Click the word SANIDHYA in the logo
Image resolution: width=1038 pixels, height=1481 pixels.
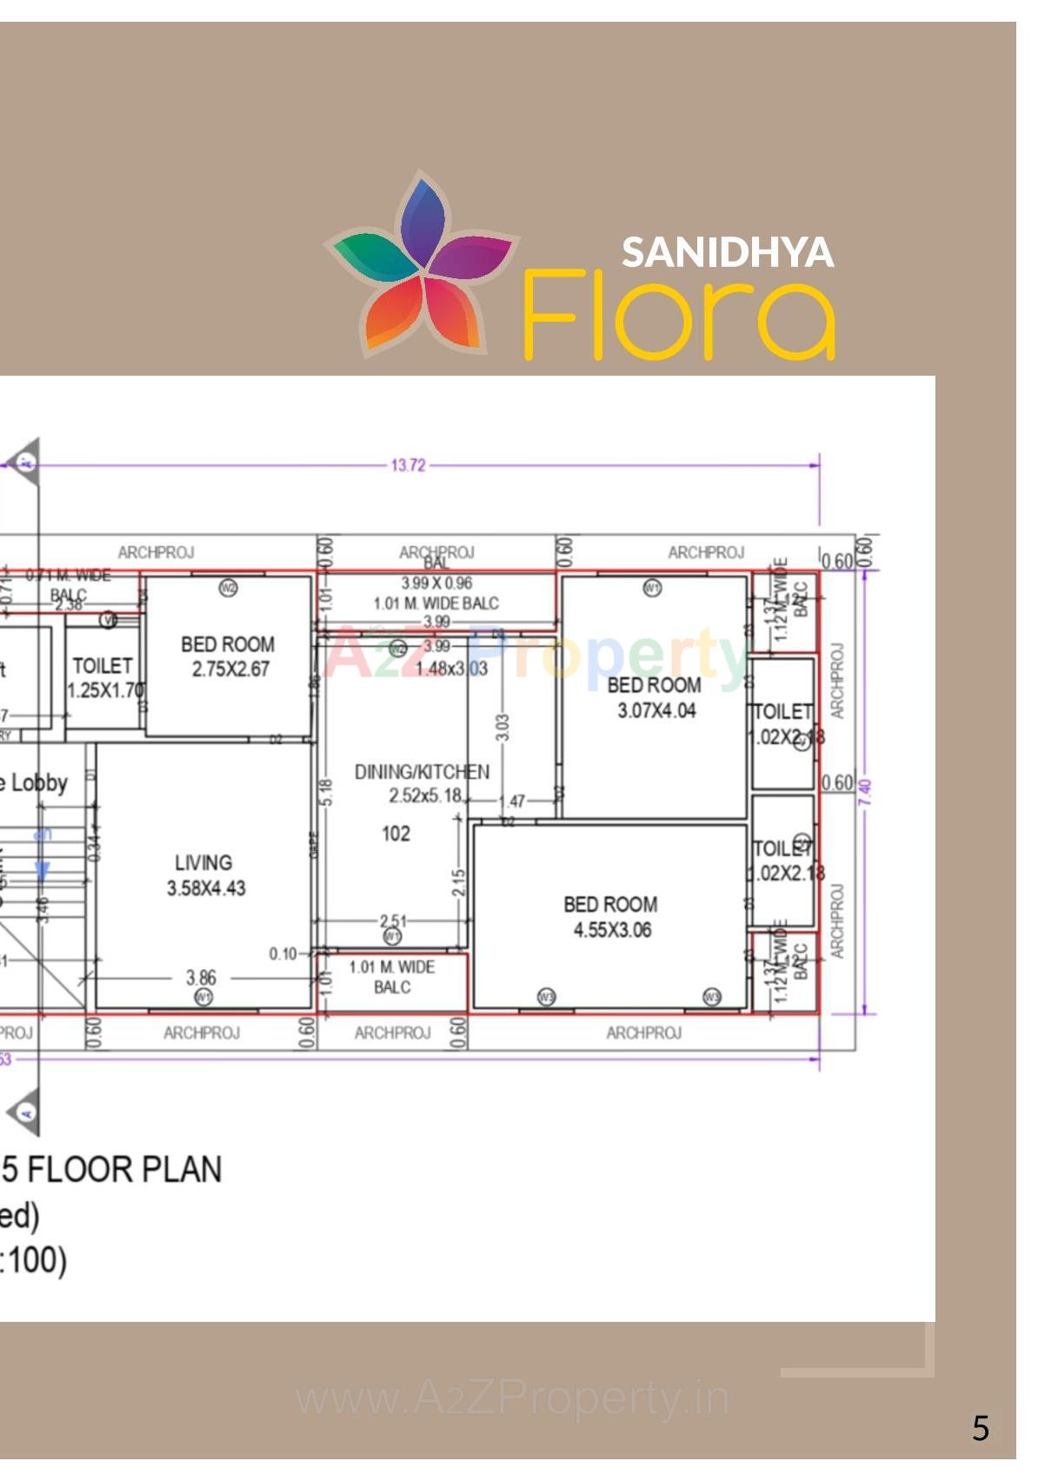click(728, 252)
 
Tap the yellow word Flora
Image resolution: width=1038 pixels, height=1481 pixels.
click(678, 315)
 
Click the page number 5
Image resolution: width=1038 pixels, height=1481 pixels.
click(980, 1428)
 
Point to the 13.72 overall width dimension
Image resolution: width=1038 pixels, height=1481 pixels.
click(408, 465)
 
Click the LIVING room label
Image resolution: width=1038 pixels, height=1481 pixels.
click(205, 875)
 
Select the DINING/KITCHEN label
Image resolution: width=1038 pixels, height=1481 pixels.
click(422, 784)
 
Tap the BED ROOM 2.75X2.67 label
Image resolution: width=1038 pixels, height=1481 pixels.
click(229, 657)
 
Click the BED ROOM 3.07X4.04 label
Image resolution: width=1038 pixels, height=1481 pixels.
click(655, 697)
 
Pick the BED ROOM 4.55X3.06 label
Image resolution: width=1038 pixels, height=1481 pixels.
click(611, 917)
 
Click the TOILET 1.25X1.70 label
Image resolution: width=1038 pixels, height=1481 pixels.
click(104, 677)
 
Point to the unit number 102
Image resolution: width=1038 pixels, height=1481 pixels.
click(396, 833)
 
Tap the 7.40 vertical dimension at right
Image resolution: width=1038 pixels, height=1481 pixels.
click(864, 791)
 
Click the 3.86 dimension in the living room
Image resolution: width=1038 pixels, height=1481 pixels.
click(201, 977)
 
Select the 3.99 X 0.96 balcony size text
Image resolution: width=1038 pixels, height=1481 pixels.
click(436, 583)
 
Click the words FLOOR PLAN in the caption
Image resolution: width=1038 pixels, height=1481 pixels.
click(124, 1169)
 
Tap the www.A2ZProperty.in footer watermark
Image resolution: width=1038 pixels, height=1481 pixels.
click(512, 1398)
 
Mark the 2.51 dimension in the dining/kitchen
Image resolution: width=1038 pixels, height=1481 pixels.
click(392, 921)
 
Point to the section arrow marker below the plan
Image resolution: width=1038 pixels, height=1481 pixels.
click(24, 1111)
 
